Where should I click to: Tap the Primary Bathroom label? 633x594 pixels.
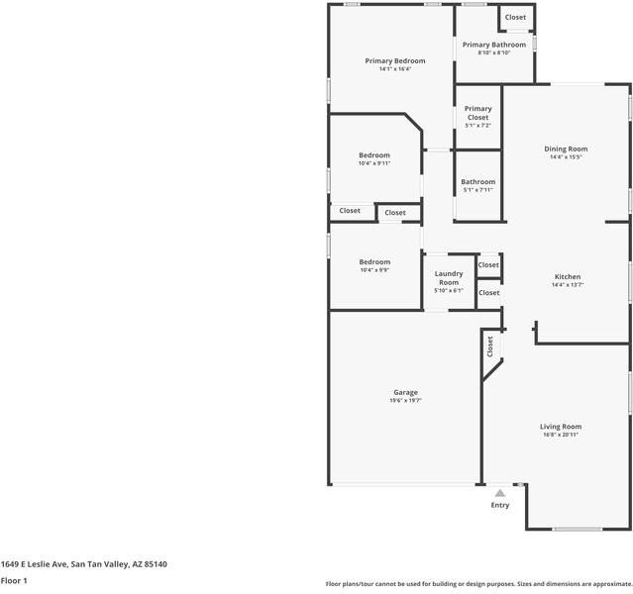point(494,45)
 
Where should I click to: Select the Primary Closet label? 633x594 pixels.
point(477,113)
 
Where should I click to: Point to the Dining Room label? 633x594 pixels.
point(566,148)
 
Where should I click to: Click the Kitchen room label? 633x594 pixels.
point(568,277)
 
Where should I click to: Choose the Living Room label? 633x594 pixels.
point(561,427)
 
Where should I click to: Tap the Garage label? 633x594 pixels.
point(405,392)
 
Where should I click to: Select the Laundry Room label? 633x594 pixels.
point(449,277)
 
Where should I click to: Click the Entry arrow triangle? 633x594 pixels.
point(500,492)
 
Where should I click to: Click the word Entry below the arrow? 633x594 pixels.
point(500,505)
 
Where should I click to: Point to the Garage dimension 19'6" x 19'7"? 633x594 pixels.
point(405,401)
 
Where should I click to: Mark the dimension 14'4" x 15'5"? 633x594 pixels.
point(566,157)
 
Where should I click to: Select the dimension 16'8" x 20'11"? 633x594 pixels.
point(561,436)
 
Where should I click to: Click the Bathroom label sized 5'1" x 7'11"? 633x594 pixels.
point(477,182)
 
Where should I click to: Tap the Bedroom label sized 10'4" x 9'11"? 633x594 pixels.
point(374,155)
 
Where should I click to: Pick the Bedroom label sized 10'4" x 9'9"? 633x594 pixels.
point(374,262)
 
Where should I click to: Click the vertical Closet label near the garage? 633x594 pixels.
point(489,346)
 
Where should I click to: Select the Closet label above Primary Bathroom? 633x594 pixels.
point(515,17)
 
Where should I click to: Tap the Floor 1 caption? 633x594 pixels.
point(14,581)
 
